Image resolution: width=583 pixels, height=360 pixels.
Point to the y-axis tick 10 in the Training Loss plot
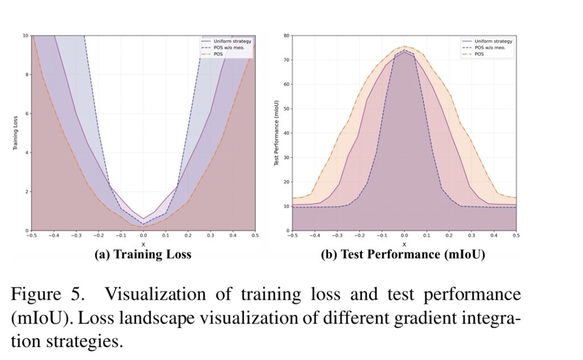[25, 35]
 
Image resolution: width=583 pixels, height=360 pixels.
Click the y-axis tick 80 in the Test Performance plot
[286, 35]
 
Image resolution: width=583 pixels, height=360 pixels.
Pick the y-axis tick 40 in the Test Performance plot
[286, 133]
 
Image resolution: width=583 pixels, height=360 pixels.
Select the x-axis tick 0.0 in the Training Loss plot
[143, 235]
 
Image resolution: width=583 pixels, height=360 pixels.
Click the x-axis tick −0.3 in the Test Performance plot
[336, 235]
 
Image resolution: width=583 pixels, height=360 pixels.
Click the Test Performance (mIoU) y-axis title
[277, 133]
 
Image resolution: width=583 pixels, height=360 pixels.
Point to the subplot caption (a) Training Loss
[143, 255]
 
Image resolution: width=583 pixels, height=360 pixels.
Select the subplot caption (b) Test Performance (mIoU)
[404, 255]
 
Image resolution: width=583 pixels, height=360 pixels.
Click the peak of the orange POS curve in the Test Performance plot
[404, 47]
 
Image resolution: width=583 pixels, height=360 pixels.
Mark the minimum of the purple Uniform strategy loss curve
[143, 218]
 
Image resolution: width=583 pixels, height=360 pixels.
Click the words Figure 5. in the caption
[47, 294]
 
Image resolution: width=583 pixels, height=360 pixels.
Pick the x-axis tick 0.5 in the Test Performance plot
[516, 235]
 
